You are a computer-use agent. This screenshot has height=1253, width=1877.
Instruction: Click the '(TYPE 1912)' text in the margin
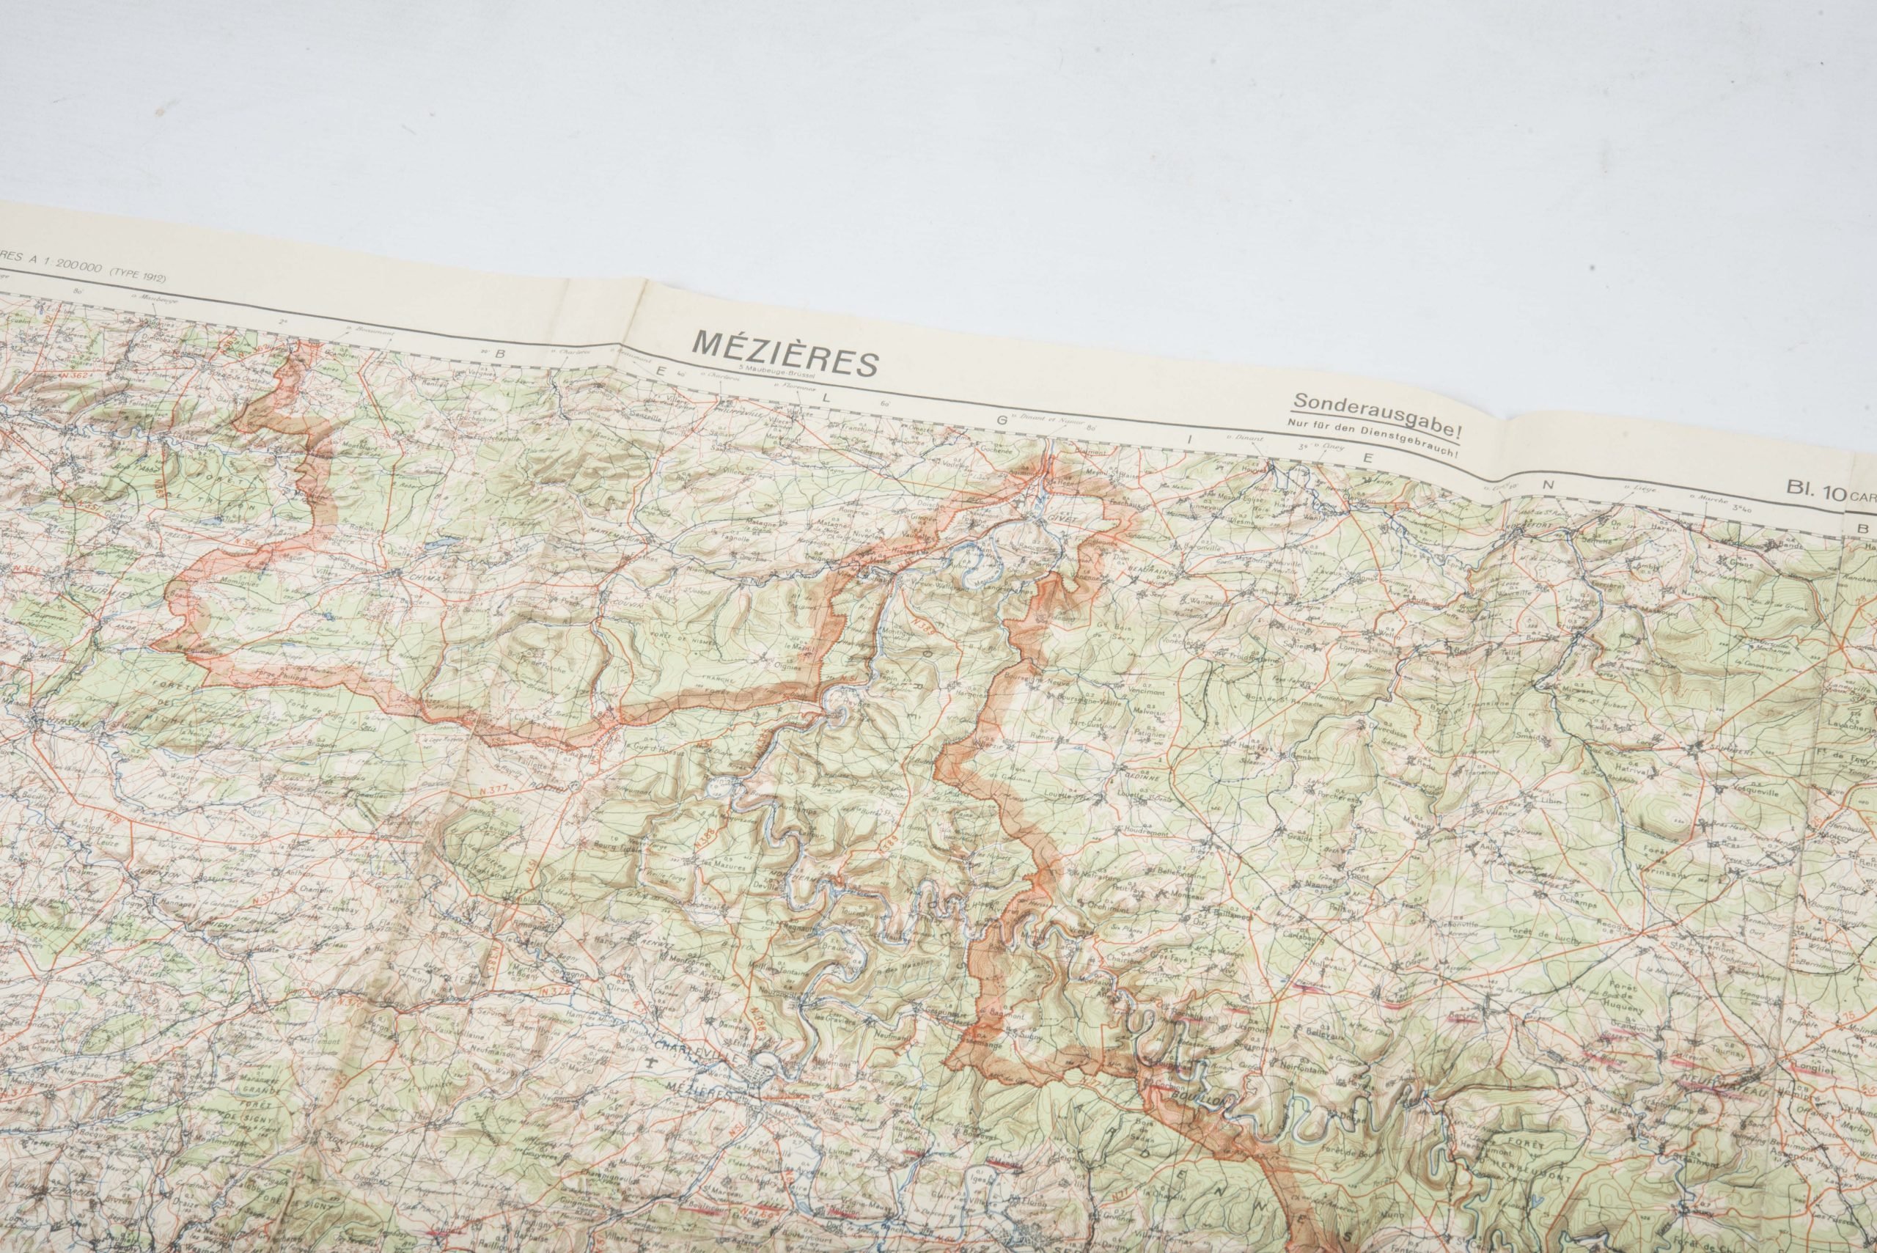coord(141,279)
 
